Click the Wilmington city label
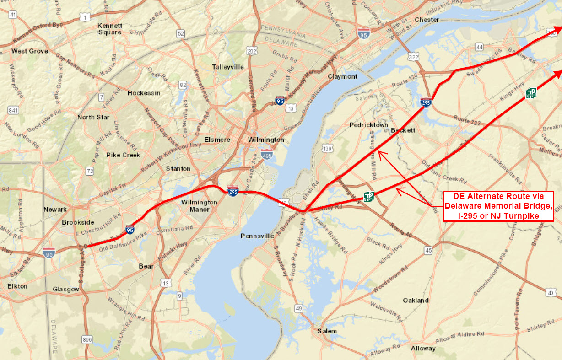[266, 140]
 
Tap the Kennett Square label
[110, 29]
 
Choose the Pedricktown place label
[369, 125]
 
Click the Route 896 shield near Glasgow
[87, 339]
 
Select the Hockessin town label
[144, 93]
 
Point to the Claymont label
[342, 76]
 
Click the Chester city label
[427, 20]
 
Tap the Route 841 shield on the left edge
[13, 110]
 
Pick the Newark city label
[55, 209]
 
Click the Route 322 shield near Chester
[413, 56]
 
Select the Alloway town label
[423, 349]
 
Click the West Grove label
[30, 51]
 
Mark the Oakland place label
[416, 300]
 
